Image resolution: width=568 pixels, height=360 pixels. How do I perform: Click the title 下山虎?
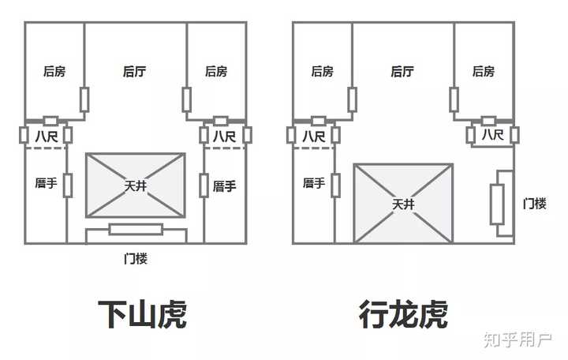click(141, 314)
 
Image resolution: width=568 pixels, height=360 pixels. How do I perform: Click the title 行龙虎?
click(403, 314)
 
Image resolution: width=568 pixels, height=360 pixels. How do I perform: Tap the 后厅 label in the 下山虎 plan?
click(135, 72)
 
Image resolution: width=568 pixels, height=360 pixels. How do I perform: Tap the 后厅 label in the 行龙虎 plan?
click(402, 72)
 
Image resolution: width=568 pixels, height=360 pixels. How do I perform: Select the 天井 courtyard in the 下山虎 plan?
click(136, 186)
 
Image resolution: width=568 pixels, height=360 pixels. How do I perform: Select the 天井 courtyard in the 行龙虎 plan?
click(403, 204)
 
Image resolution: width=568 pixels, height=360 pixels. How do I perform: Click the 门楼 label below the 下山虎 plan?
click(136, 258)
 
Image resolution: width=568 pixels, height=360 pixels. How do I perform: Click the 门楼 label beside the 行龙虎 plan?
click(535, 203)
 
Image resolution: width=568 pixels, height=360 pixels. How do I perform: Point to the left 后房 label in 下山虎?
click(54, 72)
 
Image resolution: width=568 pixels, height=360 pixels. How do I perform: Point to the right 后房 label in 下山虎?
click(216, 72)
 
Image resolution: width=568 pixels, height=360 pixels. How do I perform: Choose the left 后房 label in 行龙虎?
click(322, 72)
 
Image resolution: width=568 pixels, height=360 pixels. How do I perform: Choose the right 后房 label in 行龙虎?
click(484, 72)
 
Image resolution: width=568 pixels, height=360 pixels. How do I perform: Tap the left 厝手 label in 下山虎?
click(46, 183)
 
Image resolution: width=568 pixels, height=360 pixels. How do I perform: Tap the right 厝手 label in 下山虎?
click(225, 186)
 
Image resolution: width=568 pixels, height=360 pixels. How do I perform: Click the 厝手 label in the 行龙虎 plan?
click(313, 183)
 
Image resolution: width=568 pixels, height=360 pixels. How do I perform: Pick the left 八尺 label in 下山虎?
click(46, 137)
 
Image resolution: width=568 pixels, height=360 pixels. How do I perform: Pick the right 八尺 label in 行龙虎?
click(492, 136)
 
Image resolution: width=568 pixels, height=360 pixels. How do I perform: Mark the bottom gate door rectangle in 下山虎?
click(136, 230)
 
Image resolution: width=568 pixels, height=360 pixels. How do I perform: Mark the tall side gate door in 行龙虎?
click(497, 204)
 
